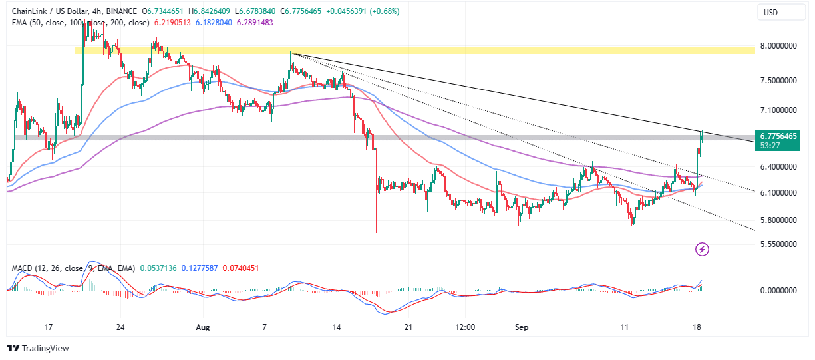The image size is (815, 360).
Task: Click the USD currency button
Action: tap(771, 12)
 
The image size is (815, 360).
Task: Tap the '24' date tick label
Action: tap(121, 328)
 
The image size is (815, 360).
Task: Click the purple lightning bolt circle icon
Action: tap(703, 250)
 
